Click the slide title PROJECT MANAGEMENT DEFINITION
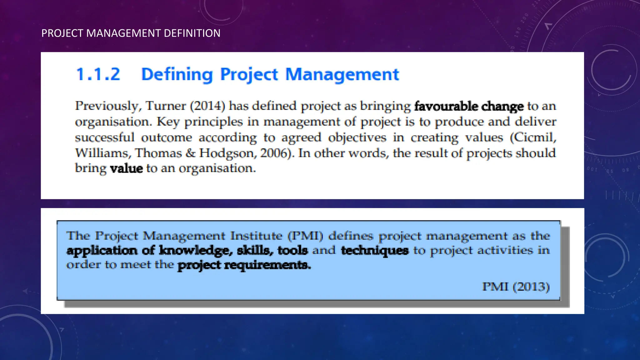click(x=131, y=33)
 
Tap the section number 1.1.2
click(x=98, y=74)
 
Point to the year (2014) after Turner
click(x=207, y=106)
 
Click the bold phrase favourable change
click(x=469, y=106)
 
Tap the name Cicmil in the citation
click(x=533, y=137)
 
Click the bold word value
click(x=127, y=168)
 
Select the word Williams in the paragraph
click(x=102, y=153)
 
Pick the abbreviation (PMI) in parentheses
click(x=305, y=236)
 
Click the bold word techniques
click(x=375, y=250)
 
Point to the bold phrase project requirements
click(x=244, y=265)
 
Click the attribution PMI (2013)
click(x=516, y=286)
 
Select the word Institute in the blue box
click(x=256, y=236)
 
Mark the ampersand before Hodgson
click(x=190, y=153)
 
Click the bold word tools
click(x=292, y=250)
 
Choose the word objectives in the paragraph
click(x=357, y=137)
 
